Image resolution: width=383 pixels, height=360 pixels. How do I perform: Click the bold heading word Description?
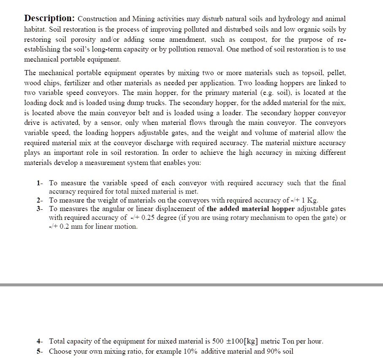point(49,19)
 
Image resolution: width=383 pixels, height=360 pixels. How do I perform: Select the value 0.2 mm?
point(64,227)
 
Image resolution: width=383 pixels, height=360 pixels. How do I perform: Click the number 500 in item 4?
point(219,341)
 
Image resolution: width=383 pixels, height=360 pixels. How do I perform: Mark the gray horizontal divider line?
point(191,285)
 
